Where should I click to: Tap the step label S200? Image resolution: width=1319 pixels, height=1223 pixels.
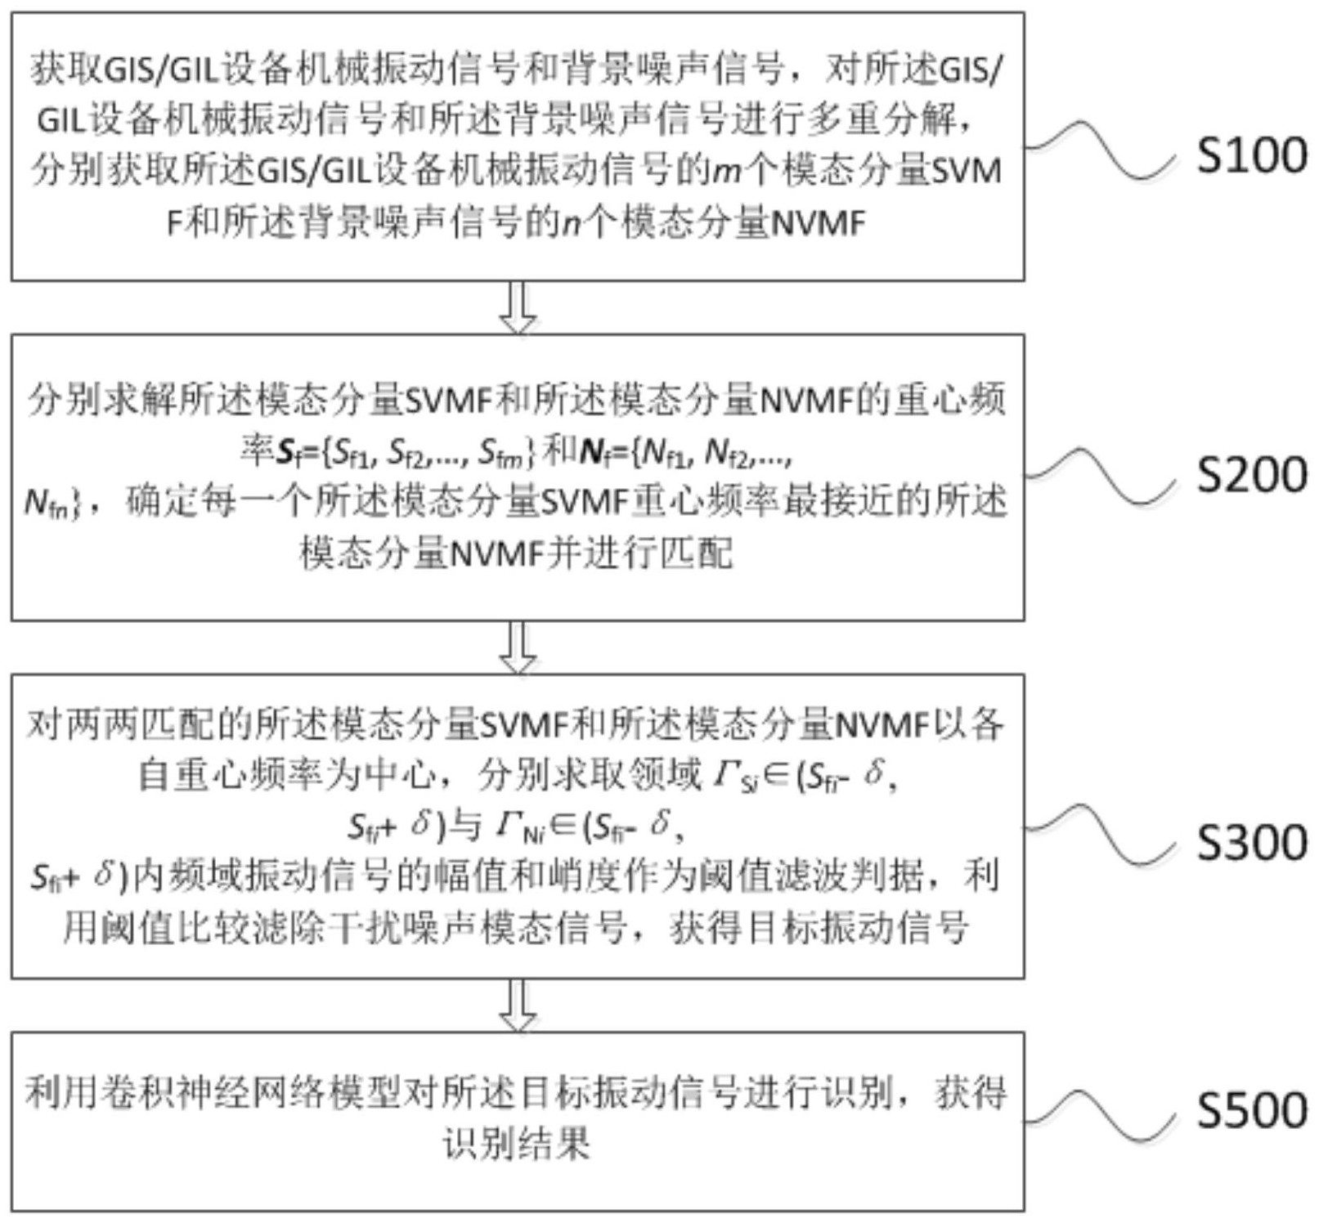pos(1251,474)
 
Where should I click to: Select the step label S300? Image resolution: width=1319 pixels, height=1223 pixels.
pos(1251,842)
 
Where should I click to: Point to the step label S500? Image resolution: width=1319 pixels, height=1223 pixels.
pos(1251,1109)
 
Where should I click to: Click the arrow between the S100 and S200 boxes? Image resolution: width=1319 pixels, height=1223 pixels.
pos(518,307)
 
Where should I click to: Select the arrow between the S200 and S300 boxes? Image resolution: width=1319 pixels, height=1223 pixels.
pos(518,647)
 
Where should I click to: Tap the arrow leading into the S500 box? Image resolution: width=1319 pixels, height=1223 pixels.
pos(518,1005)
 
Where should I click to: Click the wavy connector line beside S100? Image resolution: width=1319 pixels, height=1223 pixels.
pos(1100,150)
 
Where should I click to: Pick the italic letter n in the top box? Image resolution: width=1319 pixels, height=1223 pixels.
pos(572,222)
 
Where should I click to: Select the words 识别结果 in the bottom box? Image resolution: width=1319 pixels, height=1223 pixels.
pos(517,1143)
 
